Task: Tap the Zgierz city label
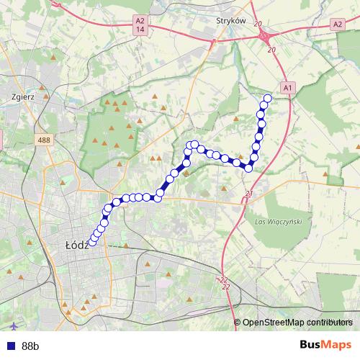point(24,94)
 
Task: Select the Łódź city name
point(76,245)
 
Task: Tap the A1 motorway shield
point(287,88)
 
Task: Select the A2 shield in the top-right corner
point(337,24)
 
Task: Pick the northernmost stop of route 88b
point(268,99)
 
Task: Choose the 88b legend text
point(30,346)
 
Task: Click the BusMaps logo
point(325,345)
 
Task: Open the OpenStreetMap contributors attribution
point(297,323)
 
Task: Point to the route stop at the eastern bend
point(249,168)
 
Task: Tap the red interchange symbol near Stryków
point(266,36)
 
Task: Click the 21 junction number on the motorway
point(249,193)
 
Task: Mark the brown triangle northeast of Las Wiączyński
point(325,174)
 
